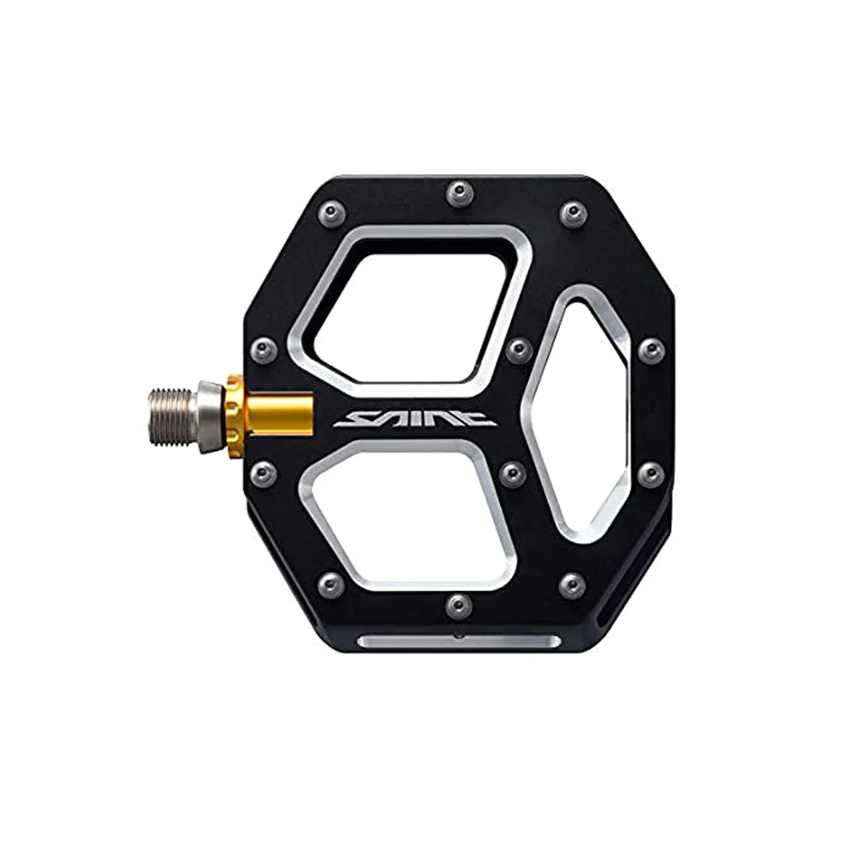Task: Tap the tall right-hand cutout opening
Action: click(x=580, y=417)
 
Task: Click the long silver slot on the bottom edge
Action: click(x=458, y=642)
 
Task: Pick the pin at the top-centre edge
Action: click(x=459, y=192)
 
